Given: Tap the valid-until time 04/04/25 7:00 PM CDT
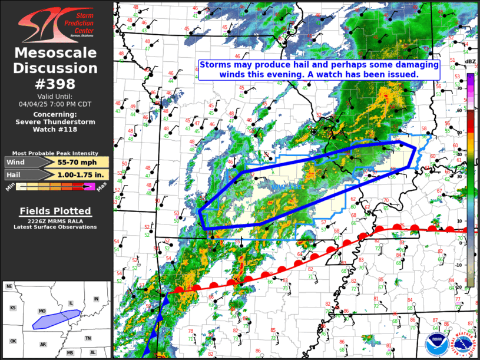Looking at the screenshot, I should click(56, 103).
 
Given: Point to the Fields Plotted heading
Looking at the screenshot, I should click(55, 211).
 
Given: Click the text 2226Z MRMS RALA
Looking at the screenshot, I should click(55, 222).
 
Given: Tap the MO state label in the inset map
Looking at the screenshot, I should click(41, 311).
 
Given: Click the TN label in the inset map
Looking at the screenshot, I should click(88, 338).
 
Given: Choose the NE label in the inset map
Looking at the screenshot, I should click(9, 286).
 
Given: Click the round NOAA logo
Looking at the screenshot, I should click(436, 344).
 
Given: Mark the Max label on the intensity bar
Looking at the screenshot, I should click(101, 188).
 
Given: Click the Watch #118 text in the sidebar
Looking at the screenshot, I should click(55, 130).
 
